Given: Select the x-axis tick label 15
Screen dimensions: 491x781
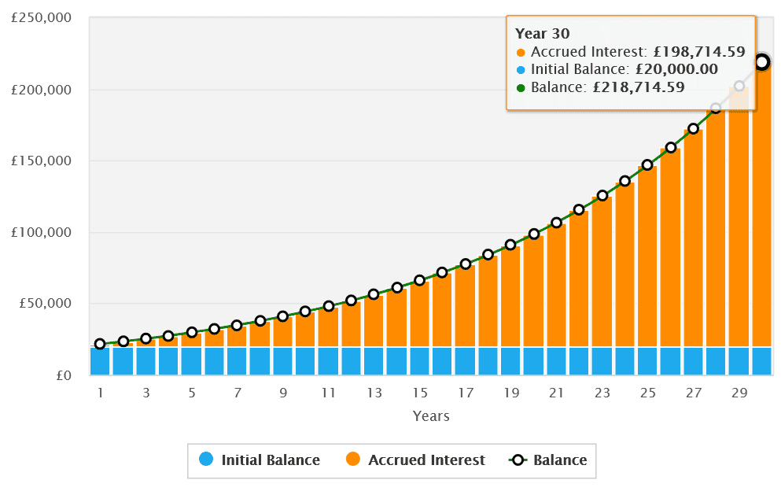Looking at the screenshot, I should coord(420,393).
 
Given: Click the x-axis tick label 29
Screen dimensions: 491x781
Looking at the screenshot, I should coord(739,393).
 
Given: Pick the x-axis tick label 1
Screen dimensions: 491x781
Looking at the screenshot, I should coord(100,393).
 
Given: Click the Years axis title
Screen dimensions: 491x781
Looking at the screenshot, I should coord(431,416).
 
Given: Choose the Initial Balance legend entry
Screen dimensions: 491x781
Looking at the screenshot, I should coord(260,460).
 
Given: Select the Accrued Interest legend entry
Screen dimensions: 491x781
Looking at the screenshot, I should coord(416,460).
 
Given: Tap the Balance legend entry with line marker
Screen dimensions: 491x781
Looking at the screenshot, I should coord(548,460).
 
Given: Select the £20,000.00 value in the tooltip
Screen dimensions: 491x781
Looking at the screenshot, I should coord(676,69).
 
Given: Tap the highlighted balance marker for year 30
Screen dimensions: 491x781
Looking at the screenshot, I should coord(761,61).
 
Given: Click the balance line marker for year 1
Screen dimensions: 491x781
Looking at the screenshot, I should coord(100,344).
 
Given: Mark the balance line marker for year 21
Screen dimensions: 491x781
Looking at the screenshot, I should coord(556,223).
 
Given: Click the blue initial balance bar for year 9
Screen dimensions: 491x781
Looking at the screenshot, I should coord(283,360).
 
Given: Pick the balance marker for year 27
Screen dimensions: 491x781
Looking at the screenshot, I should coord(693,128).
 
